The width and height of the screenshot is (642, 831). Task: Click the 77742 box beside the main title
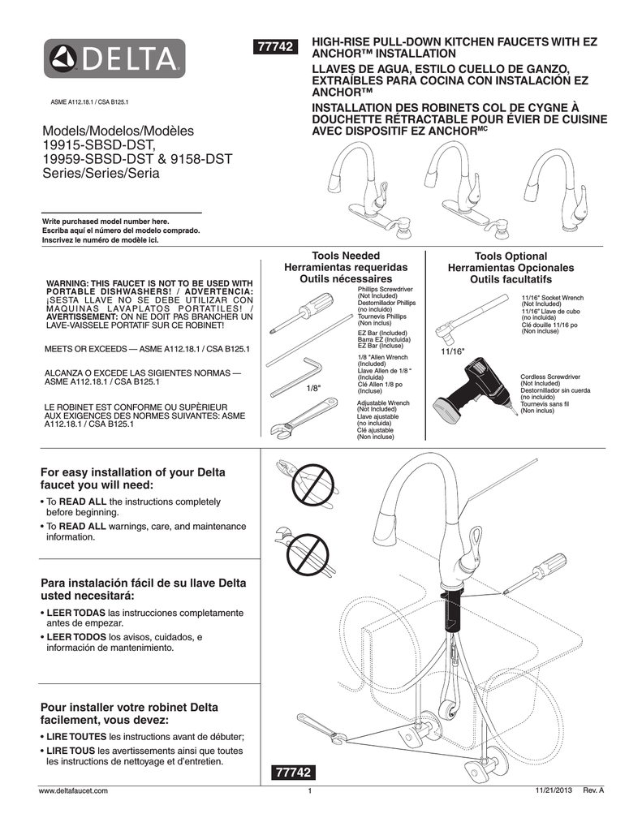point(275,49)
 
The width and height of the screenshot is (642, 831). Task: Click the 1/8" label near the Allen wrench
point(314,389)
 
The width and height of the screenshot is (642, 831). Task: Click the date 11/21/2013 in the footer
point(554,790)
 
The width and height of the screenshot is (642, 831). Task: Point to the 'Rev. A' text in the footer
point(594,790)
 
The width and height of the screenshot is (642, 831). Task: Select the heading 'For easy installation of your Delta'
point(133,472)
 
